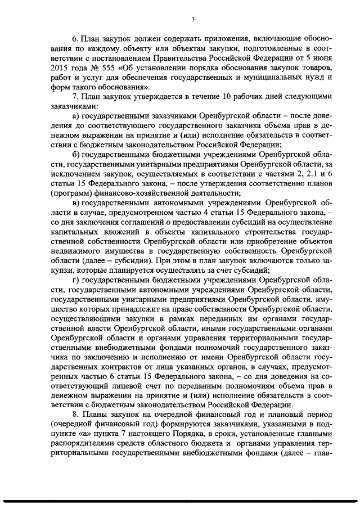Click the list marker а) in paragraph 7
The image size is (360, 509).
[75, 120]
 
